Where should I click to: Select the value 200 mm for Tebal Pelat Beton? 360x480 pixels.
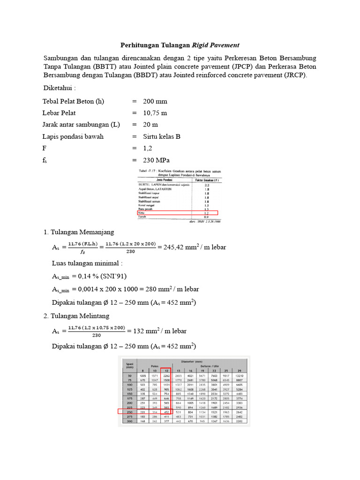pyautogui.click(x=155, y=101)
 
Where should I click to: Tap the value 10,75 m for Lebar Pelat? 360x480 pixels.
pyautogui.click(x=155, y=113)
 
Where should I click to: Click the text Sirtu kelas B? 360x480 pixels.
pyautogui.click(x=162, y=136)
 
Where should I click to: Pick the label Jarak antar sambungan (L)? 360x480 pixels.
pyautogui.click(x=81, y=125)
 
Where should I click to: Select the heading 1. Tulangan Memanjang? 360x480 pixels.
pyautogui.click(x=78, y=232)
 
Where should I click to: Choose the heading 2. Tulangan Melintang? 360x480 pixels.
pyautogui.click(x=77, y=316)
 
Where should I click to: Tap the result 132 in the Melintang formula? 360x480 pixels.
pyautogui.click(x=140, y=331)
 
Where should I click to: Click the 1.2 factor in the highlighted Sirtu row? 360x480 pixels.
pyautogui.click(x=207, y=212)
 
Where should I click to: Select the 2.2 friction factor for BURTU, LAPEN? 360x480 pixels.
pyautogui.click(x=207, y=185)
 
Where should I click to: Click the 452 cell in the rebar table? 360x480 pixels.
pyautogui.click(x=166, y=412)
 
